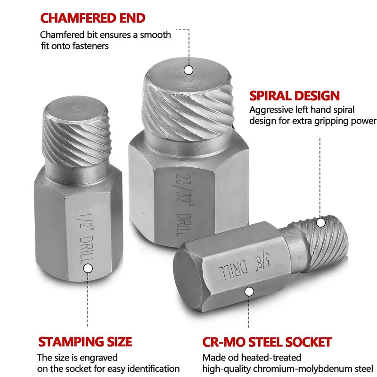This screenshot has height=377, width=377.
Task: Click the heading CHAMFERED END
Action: point(92,18)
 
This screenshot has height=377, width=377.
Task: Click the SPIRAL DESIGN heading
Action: point(294,96)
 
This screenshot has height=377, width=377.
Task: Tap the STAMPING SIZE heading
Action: point(85,342)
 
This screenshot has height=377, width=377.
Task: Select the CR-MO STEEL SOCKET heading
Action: point(267,342)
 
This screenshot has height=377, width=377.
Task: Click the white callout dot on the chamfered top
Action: point(188,70)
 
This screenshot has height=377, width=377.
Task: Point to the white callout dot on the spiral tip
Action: point(321,222)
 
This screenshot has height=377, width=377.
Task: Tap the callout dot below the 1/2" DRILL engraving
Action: point(88,268)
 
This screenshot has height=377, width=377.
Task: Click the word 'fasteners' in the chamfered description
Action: point(88,46)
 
